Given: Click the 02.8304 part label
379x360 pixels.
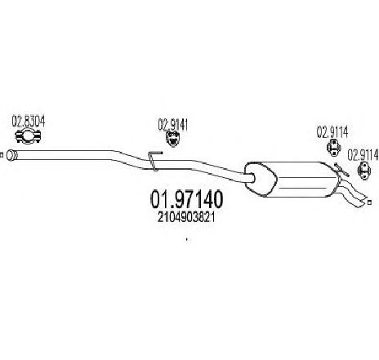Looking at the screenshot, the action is pyautogui.click(x=29, y=122).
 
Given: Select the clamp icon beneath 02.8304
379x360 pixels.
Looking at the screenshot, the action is pyautogui.click(x=28, y=136).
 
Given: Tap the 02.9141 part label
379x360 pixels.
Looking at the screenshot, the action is pyautogui.click(x=173, y=125).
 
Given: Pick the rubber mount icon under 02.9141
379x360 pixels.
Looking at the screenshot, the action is pyautogui.click(x=172, y=139).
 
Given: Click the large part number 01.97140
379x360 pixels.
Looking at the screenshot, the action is pyautogui.click(x=186, y=199).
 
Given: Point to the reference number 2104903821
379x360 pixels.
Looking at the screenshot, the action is pyautogui.click(x=186, y=217).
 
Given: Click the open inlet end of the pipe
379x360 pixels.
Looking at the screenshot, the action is pyautogui.click(x=11, y=155).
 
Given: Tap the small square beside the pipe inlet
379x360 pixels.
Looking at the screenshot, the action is pyautogui.click(x=2, y=155).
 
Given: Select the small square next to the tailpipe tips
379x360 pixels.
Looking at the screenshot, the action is pyautogui.click(x=369, y=202).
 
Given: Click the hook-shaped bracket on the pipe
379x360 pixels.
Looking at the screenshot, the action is pyautogui.click(x=154, y=161).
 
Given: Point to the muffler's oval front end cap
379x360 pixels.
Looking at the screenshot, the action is pyautogui.click(x=260, y=178).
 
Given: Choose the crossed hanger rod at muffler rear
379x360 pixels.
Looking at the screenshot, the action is pyautogui.click(x=341, y=170).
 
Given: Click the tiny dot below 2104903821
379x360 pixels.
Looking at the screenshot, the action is pyautogui.click(x=187, y=240).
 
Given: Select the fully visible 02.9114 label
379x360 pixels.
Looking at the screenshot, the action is pyautogui.click(x=332, y=132).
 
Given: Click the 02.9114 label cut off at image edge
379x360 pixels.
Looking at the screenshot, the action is pyautogui.click(x=363, y=155).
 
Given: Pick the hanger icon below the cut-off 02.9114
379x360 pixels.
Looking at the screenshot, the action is pyautogui.click(x=364, y=170).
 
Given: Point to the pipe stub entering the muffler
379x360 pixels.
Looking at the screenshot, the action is pyautogui.click(x=248, y=178).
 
